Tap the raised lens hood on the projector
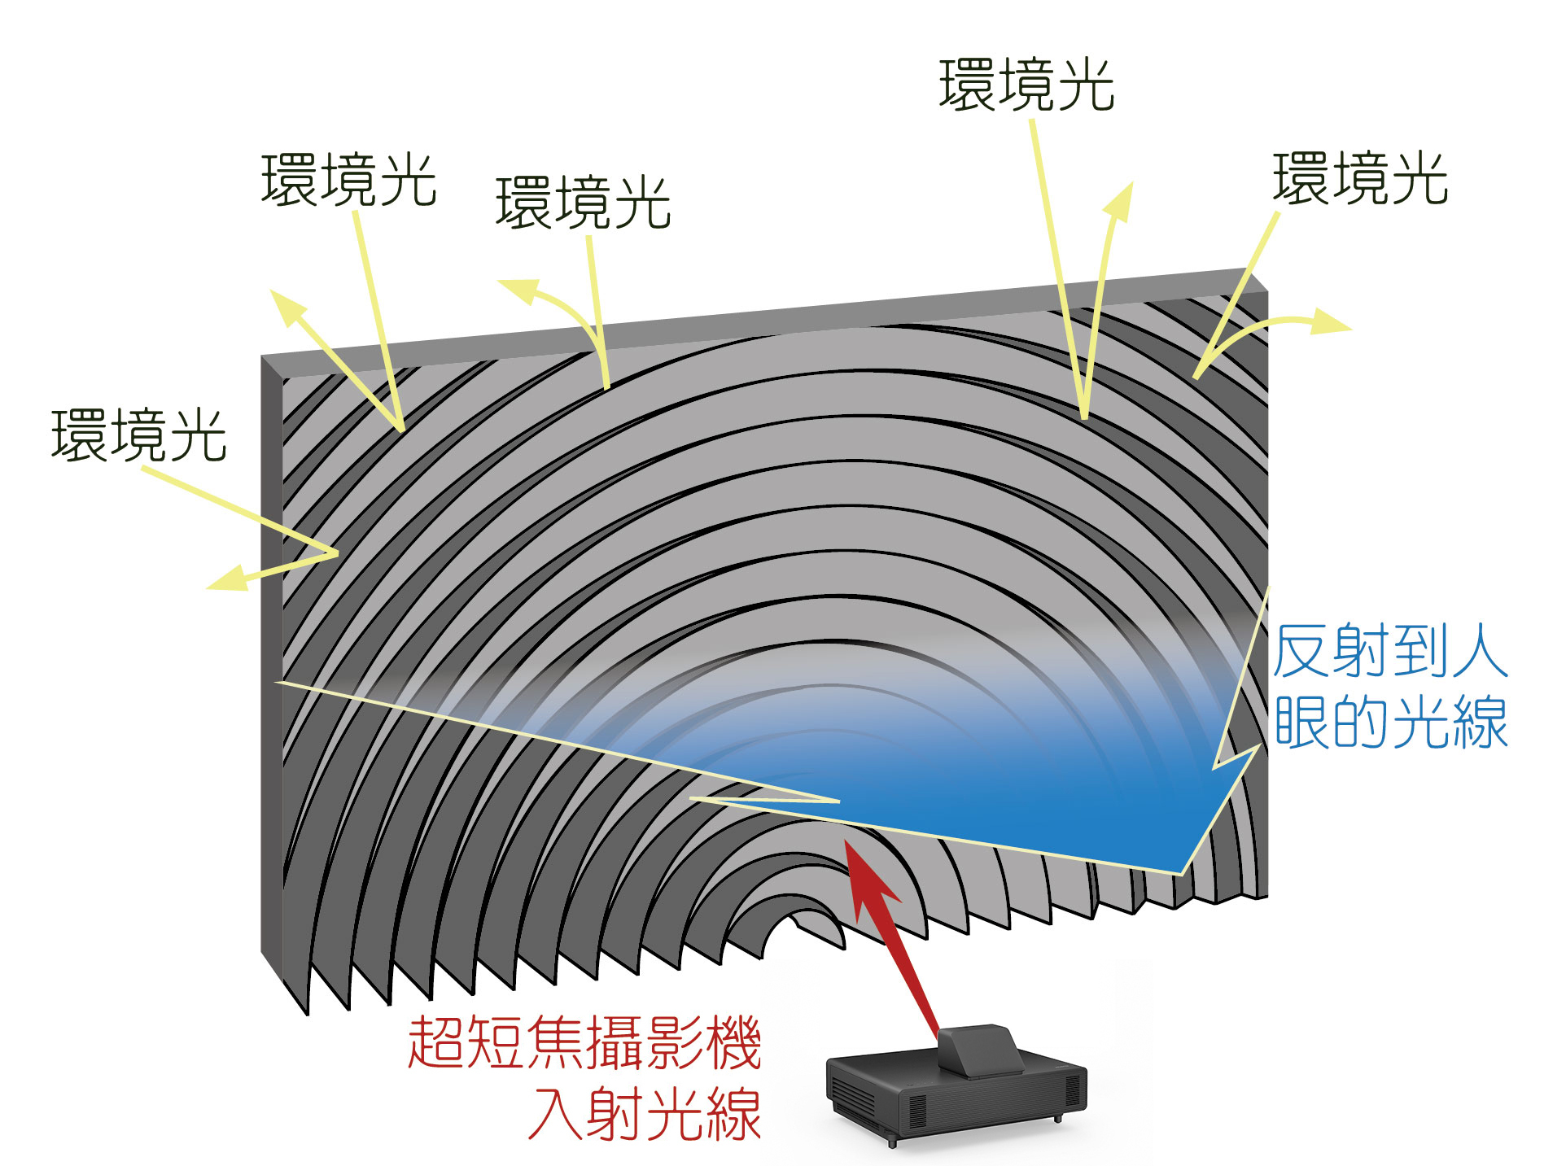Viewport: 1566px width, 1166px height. pos(980,1050)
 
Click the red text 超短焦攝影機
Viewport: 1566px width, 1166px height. pos(584,1042)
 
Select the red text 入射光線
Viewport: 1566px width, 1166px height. pos(645,1113)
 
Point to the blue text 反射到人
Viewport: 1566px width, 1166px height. pos(1391,651)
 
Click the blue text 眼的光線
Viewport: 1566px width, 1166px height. pos(1391,721)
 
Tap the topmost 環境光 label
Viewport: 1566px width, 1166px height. pos(1026,85)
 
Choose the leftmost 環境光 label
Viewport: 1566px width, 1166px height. pos(138,435)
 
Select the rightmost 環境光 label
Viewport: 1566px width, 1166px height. pos(1360,178)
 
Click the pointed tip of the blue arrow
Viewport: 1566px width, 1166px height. pos(1181,874)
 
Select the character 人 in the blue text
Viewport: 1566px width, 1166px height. pos(1481,651)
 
